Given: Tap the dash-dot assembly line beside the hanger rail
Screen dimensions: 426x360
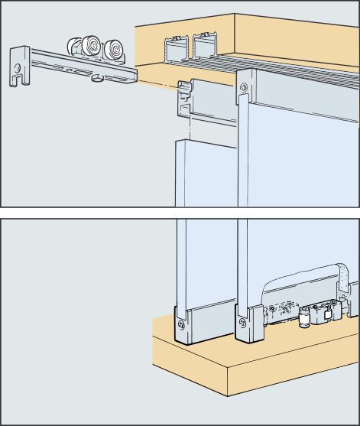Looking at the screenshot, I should [x=157, y=84].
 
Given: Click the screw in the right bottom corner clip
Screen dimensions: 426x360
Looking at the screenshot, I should [x=244, y=324].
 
